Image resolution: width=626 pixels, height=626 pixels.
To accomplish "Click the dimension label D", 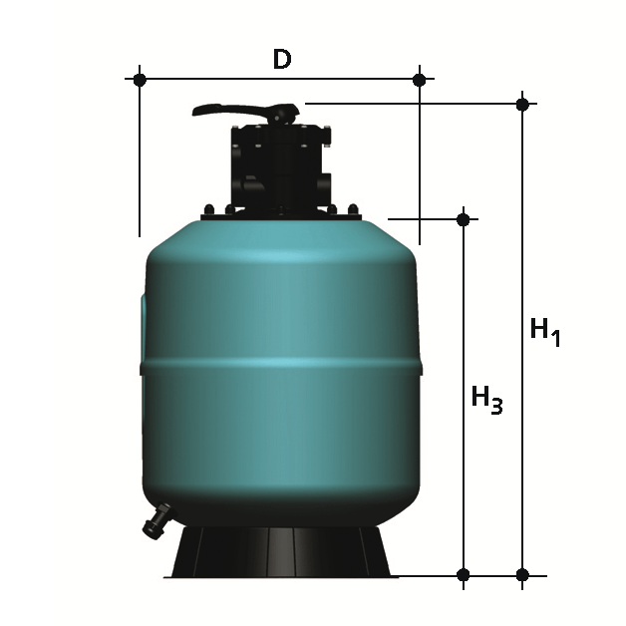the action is [x=282, y=59].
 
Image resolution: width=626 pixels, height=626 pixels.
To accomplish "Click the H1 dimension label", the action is [x=545, y=333].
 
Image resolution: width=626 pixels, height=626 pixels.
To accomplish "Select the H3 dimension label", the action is [x=486, y=400].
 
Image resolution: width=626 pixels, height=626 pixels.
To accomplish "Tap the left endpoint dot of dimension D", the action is [x=140, y=80].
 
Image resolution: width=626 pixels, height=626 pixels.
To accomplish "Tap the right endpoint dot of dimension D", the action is [x=420, y=80].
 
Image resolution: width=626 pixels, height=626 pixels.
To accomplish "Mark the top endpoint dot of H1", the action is [x=522, y=105].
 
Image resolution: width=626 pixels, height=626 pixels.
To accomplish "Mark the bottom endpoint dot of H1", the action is [x=522, y=575].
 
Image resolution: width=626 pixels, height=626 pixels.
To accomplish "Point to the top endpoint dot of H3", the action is [x=464, y=219].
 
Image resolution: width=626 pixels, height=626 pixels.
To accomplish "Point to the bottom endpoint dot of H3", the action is [x=464, y=575].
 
